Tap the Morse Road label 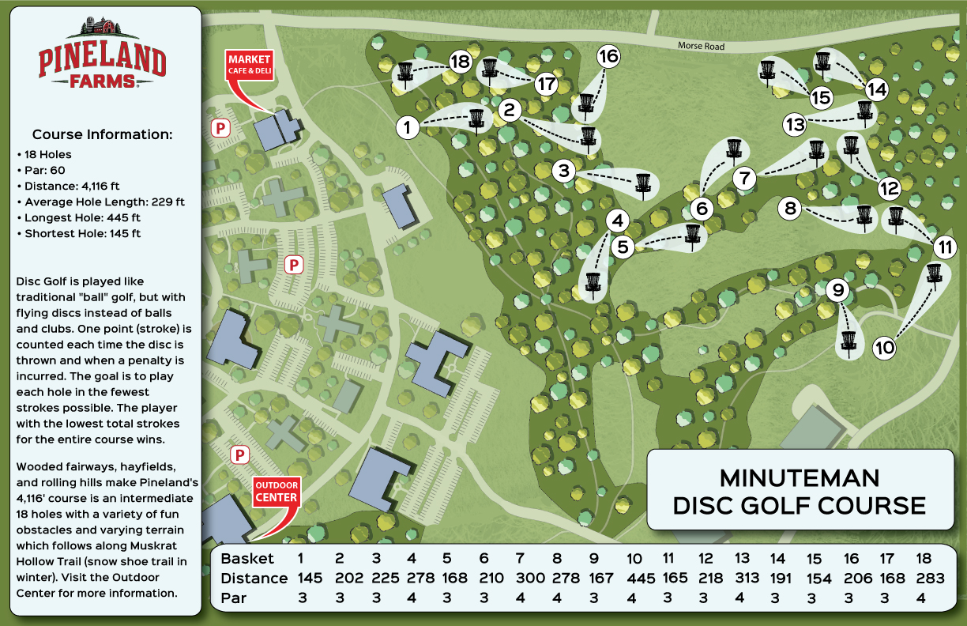tap(701, 47)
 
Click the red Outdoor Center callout tap(276, 492)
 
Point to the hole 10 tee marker tap(885, 347)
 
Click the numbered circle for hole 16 tap(608, 56)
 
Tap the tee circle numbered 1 tap(407, 126)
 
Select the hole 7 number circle tap(744, 179)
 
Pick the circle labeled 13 tap(795, 124)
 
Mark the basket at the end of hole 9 tap(848, 341)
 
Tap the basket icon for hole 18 tap(405, 73)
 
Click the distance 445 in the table tap(640, 579)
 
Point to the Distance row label tap(254, 579)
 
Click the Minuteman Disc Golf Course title tap(799, 491)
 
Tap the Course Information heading tap(102, 134)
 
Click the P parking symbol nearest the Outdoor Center tap(239, 454)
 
